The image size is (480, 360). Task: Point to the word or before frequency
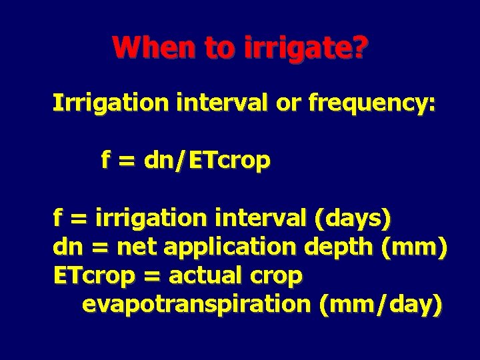(x=285, y=104)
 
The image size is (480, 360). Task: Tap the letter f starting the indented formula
(x=105, y=161)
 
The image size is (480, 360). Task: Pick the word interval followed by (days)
(x=259, y=218)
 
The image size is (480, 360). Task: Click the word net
(x=137, y=247)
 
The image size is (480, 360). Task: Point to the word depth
(x=339, y=247)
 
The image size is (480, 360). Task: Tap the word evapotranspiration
(x=197, y=305)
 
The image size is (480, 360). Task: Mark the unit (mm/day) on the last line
(x=380, y=305)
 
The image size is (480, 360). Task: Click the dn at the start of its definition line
(x=65, y=247)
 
